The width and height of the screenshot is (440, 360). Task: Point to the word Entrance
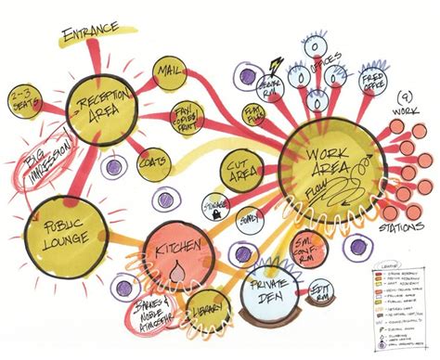tap(90, 34)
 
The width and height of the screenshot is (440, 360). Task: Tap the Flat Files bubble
tap(253, 114)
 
